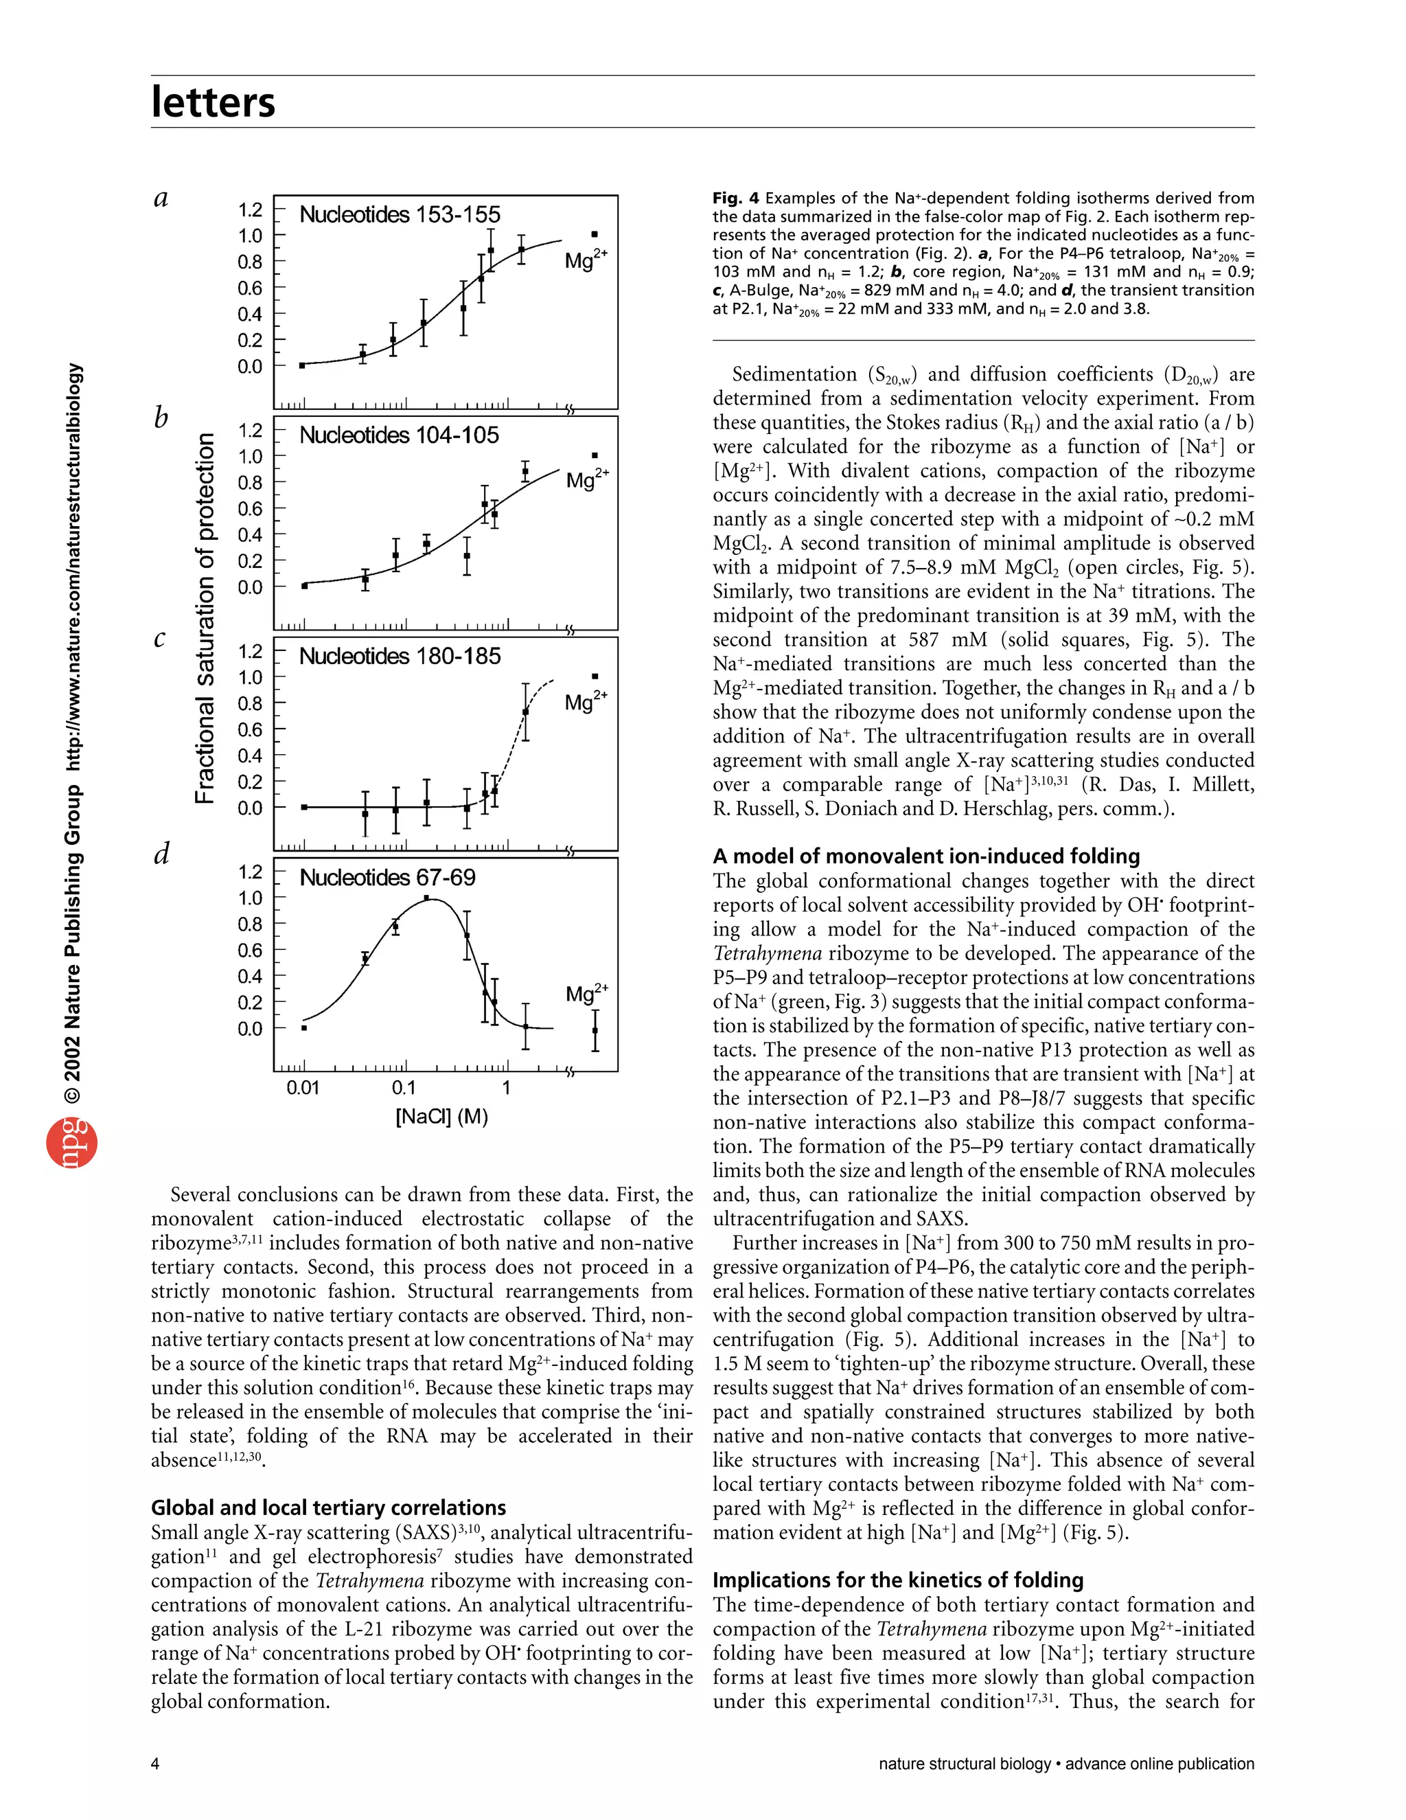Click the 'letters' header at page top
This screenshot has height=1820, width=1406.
(214, 102)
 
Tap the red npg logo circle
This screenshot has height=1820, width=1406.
(71, 1144)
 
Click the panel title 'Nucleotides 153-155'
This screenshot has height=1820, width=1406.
(400, 215)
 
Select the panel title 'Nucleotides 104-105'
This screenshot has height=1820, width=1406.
(399, 436)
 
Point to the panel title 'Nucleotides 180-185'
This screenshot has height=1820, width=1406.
(400, 657)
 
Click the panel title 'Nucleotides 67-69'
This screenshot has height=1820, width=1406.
(387, 878)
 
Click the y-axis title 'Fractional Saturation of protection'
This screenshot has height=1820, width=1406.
(205, 617)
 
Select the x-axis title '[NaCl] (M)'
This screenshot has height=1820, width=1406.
(441, 1117)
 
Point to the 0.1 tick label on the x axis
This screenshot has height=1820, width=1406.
(403, 1089)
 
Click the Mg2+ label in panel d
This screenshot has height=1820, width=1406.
(586, 993)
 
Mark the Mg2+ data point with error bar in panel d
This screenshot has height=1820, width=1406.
(595, 1031)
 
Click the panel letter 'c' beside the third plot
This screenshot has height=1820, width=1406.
(160, 639)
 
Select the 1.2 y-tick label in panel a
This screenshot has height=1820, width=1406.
(250, 210)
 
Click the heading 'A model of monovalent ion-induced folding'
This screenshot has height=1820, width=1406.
(926, 856)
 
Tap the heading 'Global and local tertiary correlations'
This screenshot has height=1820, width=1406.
(328, 1508)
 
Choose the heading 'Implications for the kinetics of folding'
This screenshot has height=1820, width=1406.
(898, 1580)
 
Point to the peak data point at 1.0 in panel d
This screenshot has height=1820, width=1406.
(426, 898)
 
